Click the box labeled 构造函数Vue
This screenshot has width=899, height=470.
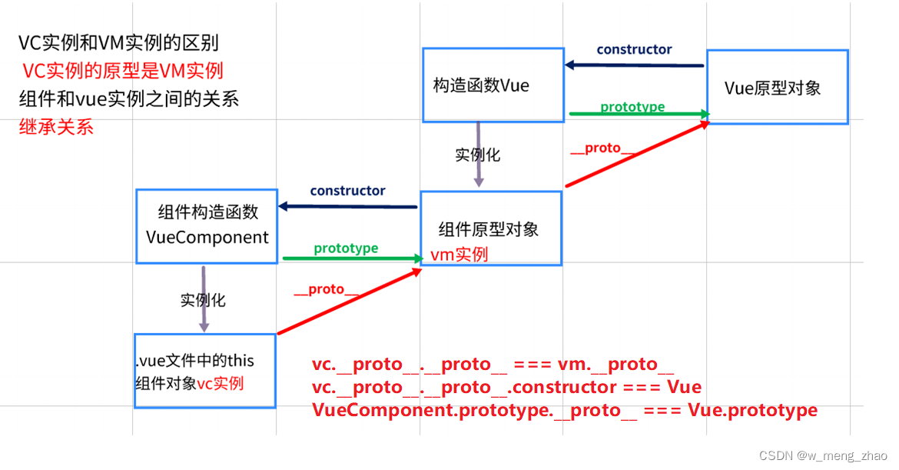click(492, 85)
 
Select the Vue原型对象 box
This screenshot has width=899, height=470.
click(777, 88)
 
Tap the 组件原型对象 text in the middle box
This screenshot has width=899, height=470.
click(489, 228)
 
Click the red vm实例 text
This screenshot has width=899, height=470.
click(459, 255)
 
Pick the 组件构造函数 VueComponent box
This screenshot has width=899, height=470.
click(206, 225)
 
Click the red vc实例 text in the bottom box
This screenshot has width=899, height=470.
click(221, 383)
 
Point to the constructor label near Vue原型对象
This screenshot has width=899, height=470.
click(634, 50)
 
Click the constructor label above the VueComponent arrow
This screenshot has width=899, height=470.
click(347, 191)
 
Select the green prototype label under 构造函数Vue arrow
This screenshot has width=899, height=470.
click(632, 107)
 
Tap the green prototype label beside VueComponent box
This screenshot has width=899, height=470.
click(346, 248)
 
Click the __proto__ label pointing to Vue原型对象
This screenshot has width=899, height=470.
click(602, 148)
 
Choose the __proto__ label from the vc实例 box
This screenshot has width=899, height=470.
click(327, 290)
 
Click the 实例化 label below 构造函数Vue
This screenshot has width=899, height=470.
click(477, 155)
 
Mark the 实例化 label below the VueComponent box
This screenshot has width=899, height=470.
click(203, 300)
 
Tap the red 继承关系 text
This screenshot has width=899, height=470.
click(56, 127)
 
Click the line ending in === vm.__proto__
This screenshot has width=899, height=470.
click(493, 365)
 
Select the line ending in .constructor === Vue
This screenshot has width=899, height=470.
click(506, 387)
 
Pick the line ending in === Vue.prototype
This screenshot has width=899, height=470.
click(564, 410)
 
